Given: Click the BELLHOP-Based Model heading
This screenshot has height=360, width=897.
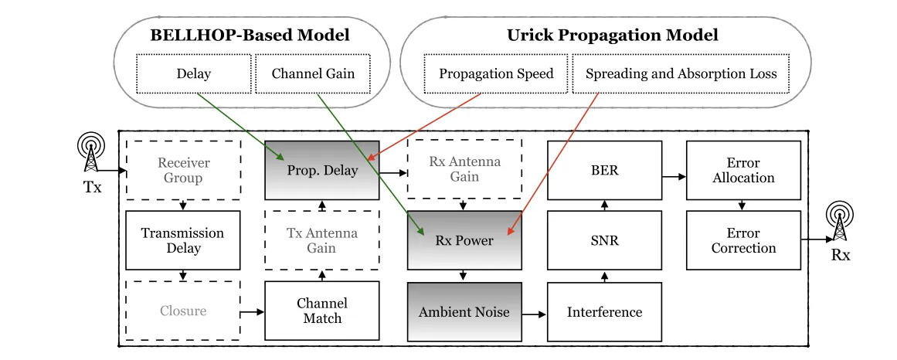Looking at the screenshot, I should point(250,36).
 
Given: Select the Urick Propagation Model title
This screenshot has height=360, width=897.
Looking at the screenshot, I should point(613,36).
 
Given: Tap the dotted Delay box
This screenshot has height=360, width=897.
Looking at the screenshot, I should point(194,74).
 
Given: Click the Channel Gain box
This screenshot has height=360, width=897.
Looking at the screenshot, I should point(314,74).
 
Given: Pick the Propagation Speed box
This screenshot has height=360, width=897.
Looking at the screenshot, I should point(496,74).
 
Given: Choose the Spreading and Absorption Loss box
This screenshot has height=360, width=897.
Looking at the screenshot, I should point(681,74).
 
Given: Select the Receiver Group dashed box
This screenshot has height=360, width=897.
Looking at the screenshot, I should point(184,171).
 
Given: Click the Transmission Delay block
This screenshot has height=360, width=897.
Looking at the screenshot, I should point(184,240).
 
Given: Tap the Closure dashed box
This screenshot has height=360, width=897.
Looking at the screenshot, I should point(184,311).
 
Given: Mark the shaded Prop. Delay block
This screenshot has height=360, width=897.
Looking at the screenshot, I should point(322,171).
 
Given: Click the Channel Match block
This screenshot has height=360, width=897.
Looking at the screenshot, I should point(322,311).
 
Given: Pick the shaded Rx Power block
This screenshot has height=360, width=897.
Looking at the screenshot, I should point(464,240).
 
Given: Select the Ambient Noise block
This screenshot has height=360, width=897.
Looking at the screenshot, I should point(464,312).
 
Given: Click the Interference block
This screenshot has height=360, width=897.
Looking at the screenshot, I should point(604,312).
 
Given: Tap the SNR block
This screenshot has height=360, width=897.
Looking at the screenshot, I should point(604,240).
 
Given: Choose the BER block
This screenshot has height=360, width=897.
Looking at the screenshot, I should point(604,171).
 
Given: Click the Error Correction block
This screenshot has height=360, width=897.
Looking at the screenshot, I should point(743,240).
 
